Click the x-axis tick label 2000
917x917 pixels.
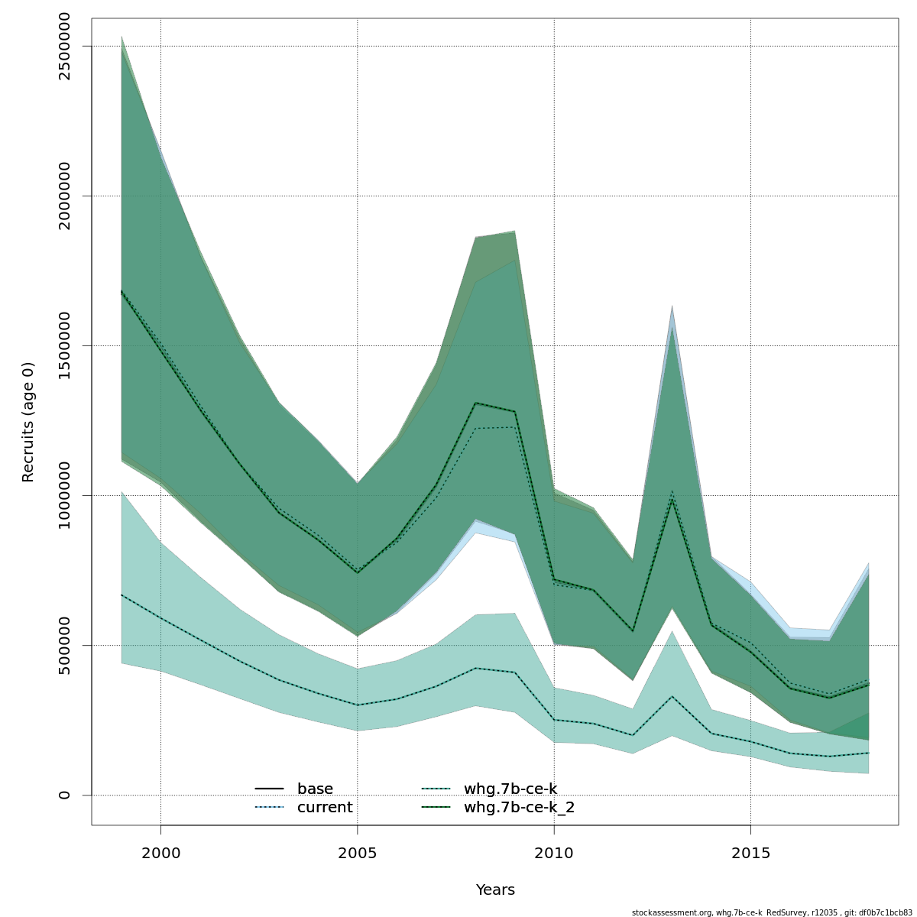tap(160, 853)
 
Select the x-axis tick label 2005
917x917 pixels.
tap(357, 853)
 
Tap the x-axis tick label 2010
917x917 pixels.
tap(553, 853)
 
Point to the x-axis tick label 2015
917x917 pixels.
tap(750, 853)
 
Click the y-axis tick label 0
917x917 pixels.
tap(64, 795)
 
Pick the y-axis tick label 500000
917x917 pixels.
tap(64, 645)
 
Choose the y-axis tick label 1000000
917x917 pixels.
tap(64, 495)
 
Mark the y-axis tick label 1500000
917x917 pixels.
tap(64, 345)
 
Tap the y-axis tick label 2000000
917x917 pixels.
tap(64, 196)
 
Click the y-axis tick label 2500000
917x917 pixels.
tap(64, 46)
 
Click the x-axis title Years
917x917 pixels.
tap(495, 890)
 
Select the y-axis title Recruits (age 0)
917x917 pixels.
tap(28, 422)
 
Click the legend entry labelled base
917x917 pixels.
tap(315, 789)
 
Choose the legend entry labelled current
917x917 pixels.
tap(325, 808)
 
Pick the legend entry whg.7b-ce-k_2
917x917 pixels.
tap(519, 808)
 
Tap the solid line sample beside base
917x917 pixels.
tap(269, 789)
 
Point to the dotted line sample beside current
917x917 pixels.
tap(269, 808)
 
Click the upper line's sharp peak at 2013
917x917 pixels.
tap(672, 498)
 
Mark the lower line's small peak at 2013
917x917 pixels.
tap(672, 696)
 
